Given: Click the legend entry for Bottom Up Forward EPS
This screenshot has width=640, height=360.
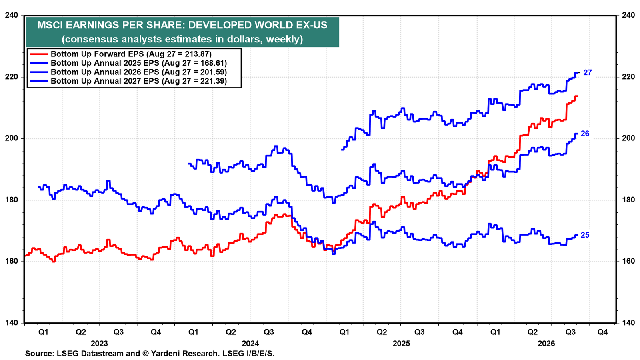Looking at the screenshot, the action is tap(131, 54).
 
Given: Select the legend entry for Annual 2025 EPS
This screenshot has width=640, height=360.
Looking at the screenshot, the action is tap(139, 63).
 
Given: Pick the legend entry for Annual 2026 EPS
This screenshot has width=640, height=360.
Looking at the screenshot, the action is tap(139, 72).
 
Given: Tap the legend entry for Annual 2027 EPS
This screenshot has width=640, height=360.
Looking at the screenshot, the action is tap(139, 81).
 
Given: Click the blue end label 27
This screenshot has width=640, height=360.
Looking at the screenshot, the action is tap(588, 72).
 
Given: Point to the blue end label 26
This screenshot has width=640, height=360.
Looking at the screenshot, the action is tap(585, 134).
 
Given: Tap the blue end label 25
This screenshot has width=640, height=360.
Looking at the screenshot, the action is tap(585, 235).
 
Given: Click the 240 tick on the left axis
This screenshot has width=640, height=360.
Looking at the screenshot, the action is tap(12, 15).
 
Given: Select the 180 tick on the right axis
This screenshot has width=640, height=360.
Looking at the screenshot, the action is tap(628, 200).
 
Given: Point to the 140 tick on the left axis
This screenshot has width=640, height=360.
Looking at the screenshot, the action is tap(12, 323).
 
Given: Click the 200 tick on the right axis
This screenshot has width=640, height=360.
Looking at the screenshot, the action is tap(628, 138).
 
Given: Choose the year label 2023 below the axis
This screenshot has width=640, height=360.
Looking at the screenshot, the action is tap(100, 344).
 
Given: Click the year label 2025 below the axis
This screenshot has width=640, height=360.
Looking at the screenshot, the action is tap(402, 344).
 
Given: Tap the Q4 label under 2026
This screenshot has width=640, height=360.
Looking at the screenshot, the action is tap(602, 332).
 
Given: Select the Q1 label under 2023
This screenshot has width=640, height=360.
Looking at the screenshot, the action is tap(43, 332).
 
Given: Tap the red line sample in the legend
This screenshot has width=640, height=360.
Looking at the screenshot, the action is tap(38, 54).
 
